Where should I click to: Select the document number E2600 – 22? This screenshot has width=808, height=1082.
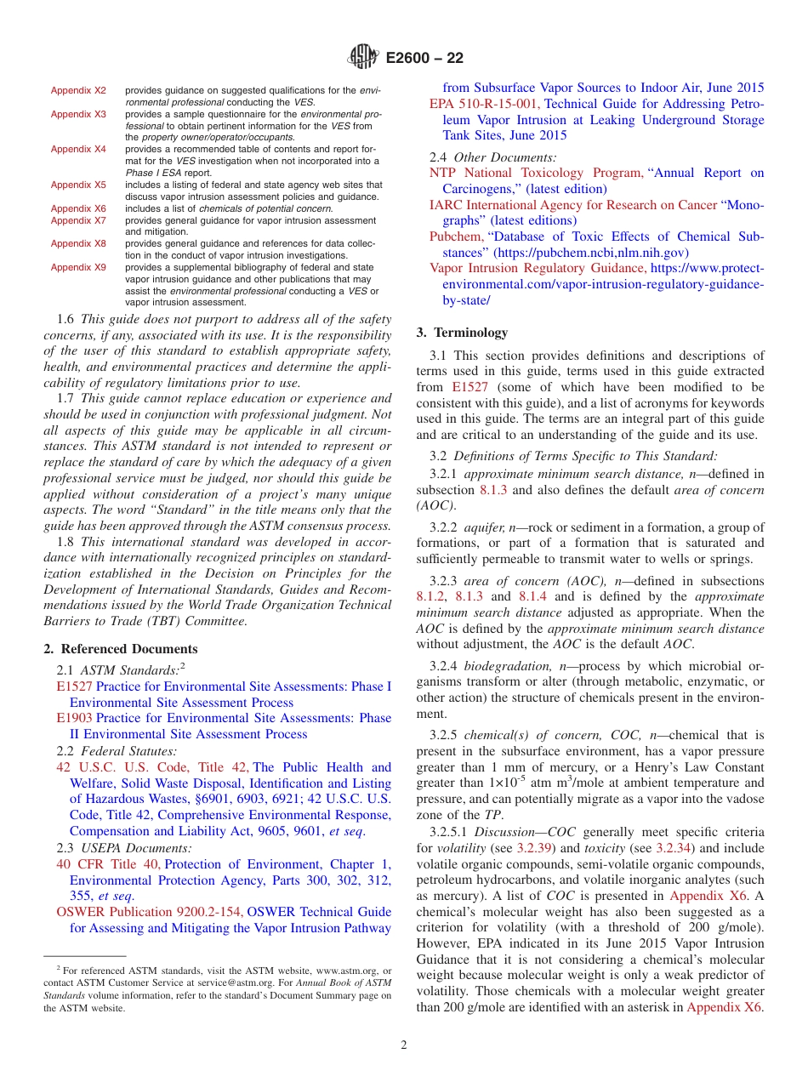point(424,58)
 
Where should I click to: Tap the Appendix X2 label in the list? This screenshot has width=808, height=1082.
point(78,90)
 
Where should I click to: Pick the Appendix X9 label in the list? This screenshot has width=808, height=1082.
point(78,267)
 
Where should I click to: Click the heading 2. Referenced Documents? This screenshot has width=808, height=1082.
point(121,649)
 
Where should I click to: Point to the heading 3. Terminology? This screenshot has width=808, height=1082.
point(462,333)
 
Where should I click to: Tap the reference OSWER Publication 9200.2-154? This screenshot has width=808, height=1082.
point(150,912)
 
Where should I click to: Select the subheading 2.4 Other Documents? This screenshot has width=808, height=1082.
point(493,157)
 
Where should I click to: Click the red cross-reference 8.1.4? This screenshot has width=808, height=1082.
point(532,597)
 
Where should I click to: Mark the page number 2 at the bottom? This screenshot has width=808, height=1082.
point(404,1045)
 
